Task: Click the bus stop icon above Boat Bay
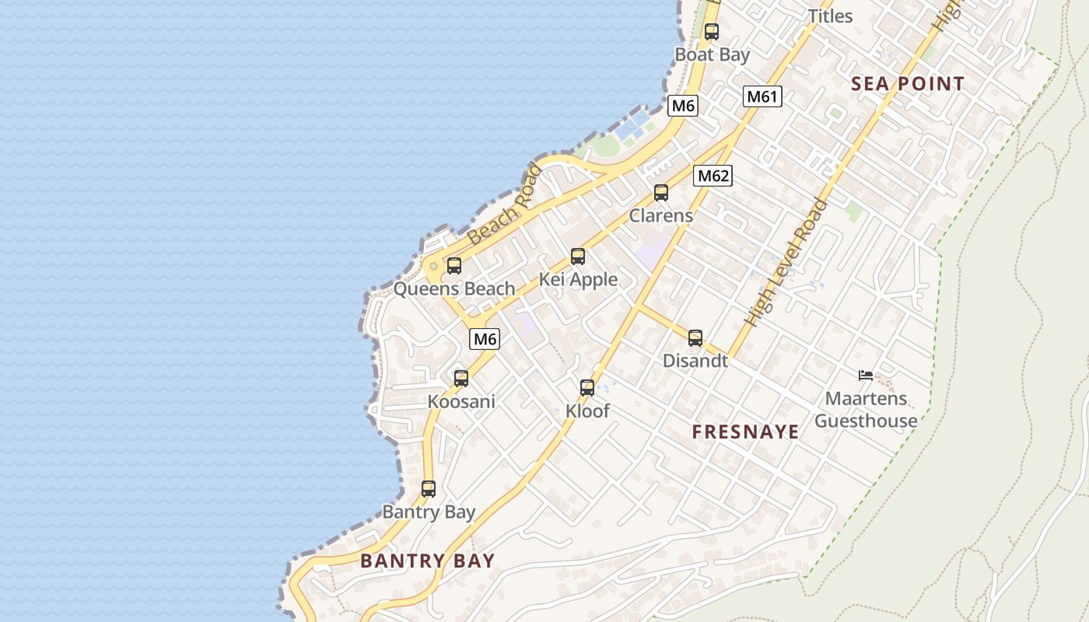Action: pos(711,32)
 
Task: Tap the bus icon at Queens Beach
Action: pos(454,266)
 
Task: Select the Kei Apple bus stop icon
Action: pos(577,257)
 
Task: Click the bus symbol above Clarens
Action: pos(661,193)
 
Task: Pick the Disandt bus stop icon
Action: pos(695,338)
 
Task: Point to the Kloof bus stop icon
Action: pos(587,388)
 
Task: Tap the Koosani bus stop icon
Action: pos(461,379)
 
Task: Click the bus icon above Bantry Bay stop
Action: pos(429,489)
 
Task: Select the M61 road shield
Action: pos(762,96)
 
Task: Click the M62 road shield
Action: pos(713,176)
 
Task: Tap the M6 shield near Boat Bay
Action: pos(682,106)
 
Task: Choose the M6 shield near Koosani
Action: pos(485,339)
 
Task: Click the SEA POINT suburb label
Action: pos(908,84)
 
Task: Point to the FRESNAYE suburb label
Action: pos(745,432)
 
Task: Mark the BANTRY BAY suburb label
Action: pos(427,561)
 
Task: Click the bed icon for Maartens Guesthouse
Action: pos(865,376)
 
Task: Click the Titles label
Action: pos(830,16)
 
